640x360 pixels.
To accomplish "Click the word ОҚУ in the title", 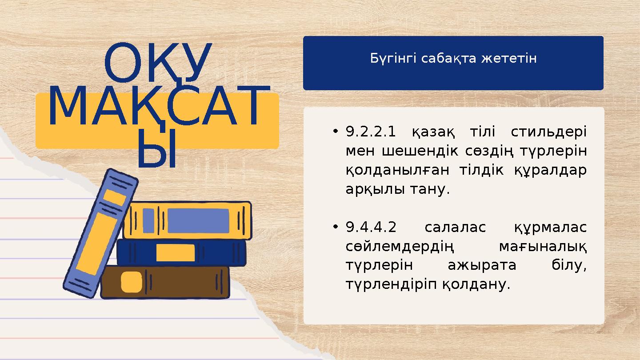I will click(157, 64).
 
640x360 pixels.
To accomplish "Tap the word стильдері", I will click(548, 132).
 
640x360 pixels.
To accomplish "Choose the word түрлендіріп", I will click(392, 284).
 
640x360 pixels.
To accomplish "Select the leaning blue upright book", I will click(100, 233).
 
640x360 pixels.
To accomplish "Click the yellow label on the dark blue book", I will click(176, 252).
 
